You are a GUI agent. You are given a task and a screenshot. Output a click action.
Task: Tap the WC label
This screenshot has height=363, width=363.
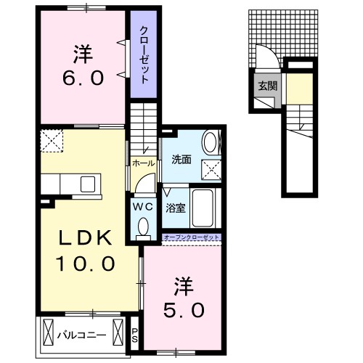(142, 205)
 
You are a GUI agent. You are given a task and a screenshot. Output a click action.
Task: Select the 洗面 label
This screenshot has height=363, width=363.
(181, 159)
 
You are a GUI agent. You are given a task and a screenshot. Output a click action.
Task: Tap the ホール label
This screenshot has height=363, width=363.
(142, 163)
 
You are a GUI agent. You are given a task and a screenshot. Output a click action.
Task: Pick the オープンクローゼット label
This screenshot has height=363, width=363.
(191, 237)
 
